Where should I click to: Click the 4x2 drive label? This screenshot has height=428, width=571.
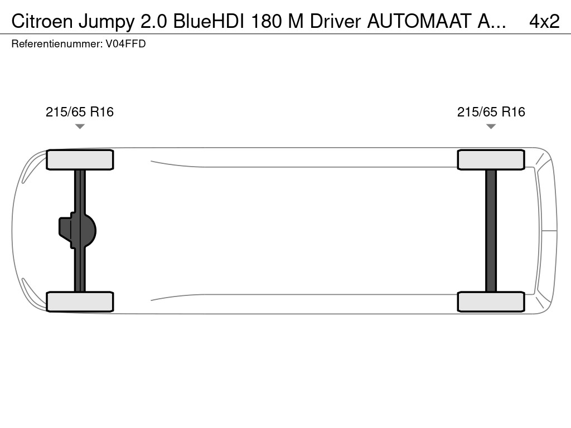(x=544, y=21)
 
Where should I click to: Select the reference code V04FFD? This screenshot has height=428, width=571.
(x=125, y=44)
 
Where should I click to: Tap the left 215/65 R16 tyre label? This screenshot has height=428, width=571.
(x=80, y=112)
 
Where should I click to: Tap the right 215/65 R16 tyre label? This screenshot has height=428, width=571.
(x=491, y=112)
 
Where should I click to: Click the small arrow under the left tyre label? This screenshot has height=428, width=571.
(x=80, y=127)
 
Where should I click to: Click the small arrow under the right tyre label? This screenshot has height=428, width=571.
(x=491, y=127)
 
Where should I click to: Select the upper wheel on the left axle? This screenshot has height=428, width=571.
(x=80, y=160)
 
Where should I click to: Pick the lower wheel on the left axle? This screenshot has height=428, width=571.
(x=80, y=301)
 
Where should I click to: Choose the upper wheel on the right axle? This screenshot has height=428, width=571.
(x=491, y=160)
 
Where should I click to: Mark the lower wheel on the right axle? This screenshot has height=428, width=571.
(x=491, y=301)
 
